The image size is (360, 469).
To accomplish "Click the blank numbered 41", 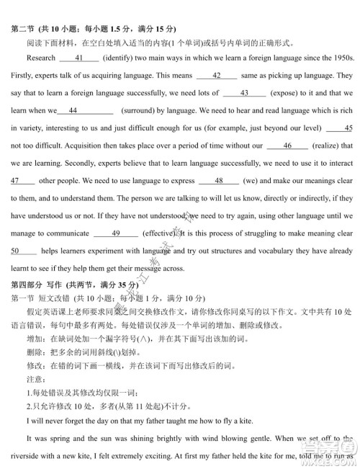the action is click(x=79, y=57).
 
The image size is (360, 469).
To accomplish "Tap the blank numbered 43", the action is click(x=244, y=93).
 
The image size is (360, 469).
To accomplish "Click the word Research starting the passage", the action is click(x=40, y=57).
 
